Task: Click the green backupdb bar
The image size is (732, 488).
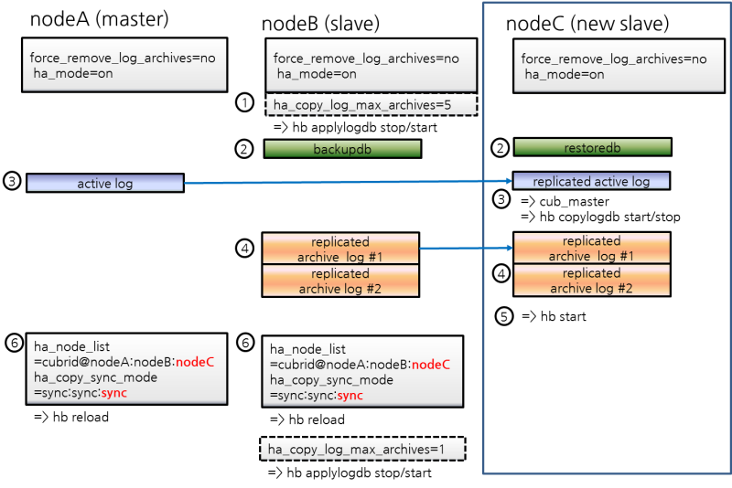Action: point(342,149)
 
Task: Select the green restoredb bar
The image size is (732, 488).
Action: point(592,147)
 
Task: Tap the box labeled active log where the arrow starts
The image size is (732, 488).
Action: point(105,184)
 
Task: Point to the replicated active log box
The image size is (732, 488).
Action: point(591,181)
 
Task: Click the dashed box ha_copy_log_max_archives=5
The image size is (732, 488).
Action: point(371,105)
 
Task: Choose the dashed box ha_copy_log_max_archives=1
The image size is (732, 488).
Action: point(363,450)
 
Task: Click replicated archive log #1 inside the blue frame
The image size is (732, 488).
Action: point(591,249)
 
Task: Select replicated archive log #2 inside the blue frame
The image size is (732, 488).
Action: point(591,281)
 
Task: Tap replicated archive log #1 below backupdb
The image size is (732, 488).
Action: point(340,249)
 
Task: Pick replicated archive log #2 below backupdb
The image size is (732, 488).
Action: point(340,281)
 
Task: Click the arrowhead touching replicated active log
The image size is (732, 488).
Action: point(508,182)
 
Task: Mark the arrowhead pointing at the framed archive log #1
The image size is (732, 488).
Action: point(508,248)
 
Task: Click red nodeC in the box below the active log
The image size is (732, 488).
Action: point(195,361)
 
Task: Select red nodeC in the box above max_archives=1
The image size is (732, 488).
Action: point(431,365)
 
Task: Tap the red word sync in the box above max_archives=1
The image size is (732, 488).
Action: point(350,396)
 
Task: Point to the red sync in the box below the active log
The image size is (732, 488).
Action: point(114,392)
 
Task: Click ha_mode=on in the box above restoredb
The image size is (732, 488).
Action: point(565,75)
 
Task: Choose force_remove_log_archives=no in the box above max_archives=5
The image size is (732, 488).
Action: point(366,58)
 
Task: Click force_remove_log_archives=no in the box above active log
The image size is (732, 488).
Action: point(123,58)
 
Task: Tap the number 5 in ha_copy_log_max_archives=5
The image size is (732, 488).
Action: point(447,105)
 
